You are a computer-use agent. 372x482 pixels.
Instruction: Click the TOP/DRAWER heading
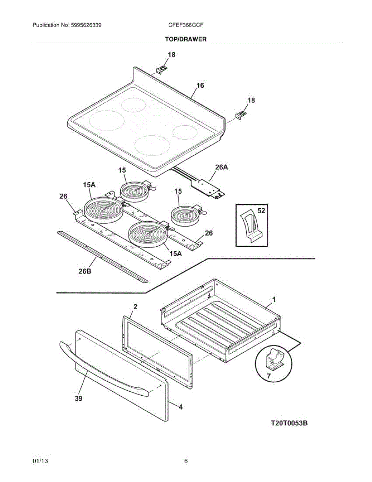coord(186,39)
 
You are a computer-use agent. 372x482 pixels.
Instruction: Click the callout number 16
coord(200,85)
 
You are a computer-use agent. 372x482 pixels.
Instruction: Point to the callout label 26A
coord(222,167)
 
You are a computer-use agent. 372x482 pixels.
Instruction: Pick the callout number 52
coord(261,210)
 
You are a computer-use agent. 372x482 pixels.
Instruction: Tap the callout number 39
coord(79,398)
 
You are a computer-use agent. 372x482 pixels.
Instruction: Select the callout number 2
coord(135,306)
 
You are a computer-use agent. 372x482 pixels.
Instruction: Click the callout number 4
coord(181,407)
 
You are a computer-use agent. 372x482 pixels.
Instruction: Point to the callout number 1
coord(274,299)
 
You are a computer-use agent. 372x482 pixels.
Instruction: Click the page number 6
coord(186,461)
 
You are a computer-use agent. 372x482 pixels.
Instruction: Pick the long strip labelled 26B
coord(102,256)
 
